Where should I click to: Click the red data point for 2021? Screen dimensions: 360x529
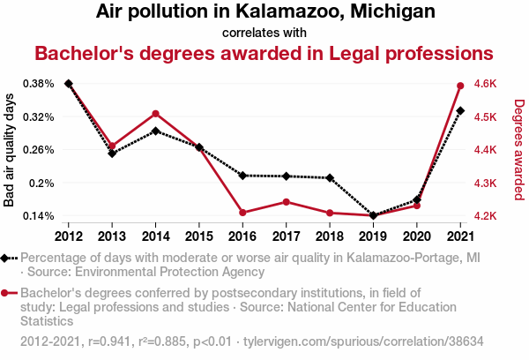pos(460,86)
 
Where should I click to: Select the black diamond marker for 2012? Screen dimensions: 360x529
pos(69,84)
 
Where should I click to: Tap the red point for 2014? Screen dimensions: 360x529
pos(155,114)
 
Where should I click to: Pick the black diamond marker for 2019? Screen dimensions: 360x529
pos(373,215)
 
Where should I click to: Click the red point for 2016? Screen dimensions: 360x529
pos(242,212)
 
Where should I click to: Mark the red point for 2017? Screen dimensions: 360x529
pos(286,202)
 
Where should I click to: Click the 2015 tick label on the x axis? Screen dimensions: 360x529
pos(199,236)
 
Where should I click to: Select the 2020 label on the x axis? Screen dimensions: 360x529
pos(416,236)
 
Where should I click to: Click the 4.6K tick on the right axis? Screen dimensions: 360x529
pos(486,84)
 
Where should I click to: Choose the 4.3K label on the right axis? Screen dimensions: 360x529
pos(486,183)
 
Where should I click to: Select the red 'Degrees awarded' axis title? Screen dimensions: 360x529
pos(519,150)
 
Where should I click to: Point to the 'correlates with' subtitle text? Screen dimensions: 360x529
pos(264,31)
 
